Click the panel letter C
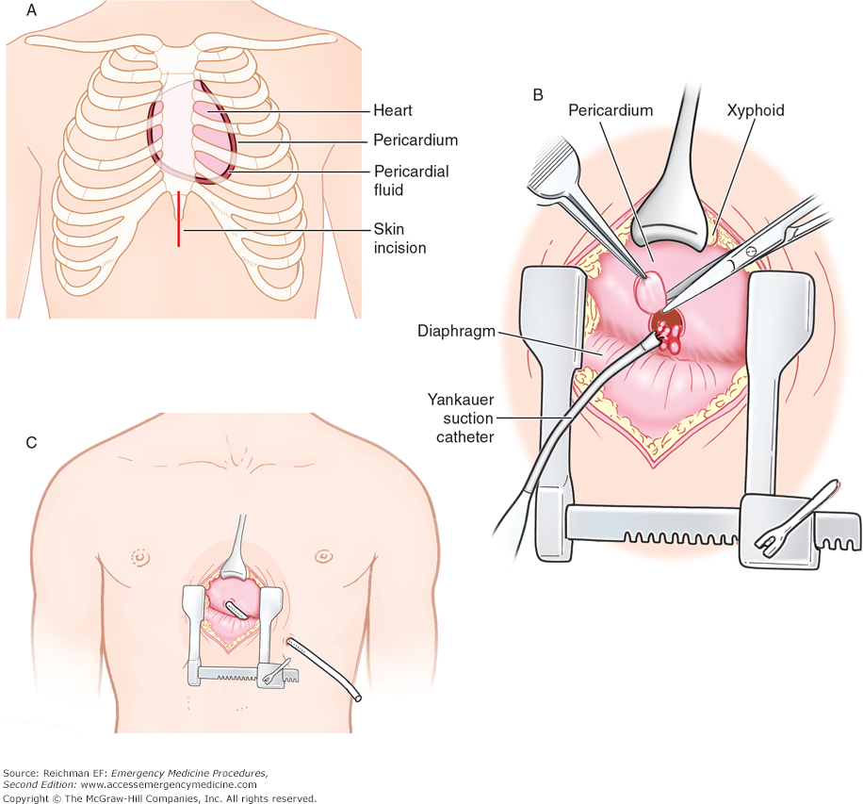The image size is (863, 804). pos(31,441)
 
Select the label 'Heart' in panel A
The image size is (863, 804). pos(392,110)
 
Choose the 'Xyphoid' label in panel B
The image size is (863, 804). pos(757,110)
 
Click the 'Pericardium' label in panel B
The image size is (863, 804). pos(611,110)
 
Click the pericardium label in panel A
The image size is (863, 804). pos(415,140)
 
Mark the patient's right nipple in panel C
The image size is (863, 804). pos(142,556)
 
